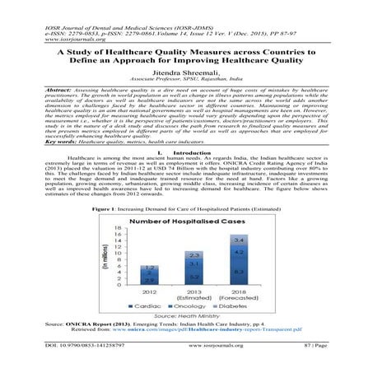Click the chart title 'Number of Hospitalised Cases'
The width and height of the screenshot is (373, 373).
click(x=186, y=222)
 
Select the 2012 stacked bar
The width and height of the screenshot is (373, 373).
click(x=149, y=276)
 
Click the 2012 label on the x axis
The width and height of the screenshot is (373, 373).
click(x=149, y=291)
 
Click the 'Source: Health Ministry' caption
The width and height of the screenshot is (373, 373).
click(x=187, y=315)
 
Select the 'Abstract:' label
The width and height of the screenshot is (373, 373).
click(x=63, y=88)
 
